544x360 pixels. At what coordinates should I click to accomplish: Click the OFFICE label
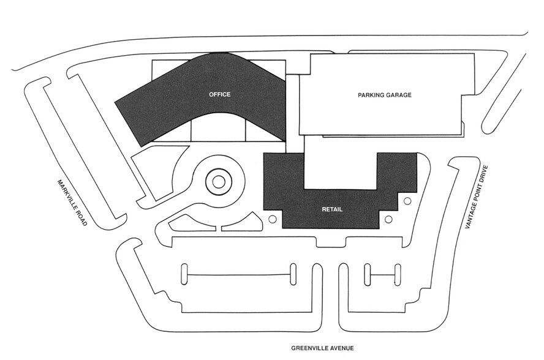coord(219,94)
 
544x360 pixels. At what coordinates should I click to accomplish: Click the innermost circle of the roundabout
coord(217,181)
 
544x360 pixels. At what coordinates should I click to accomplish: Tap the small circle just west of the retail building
coord(273,218)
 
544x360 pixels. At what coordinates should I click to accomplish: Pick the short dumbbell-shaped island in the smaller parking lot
coord(382,274)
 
